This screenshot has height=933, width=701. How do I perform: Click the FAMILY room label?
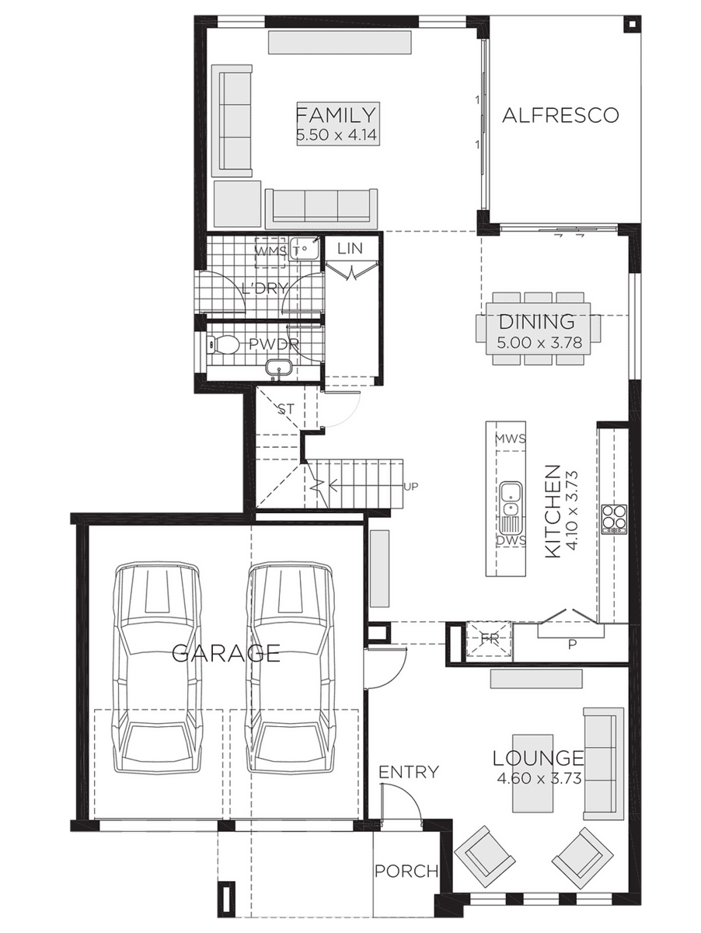point(336,115)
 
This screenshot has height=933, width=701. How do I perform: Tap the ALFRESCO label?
point(560,115)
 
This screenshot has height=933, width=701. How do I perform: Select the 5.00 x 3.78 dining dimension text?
point(539,343)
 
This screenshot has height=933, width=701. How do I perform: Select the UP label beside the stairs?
point(411,486)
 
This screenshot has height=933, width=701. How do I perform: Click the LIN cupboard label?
point(350,248)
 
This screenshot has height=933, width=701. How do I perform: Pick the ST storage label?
point(285,409)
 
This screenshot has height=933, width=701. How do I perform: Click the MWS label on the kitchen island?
point(511,439)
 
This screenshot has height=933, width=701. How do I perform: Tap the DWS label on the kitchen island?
point(511,540)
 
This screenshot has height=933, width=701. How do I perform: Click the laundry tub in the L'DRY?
point(305,248)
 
